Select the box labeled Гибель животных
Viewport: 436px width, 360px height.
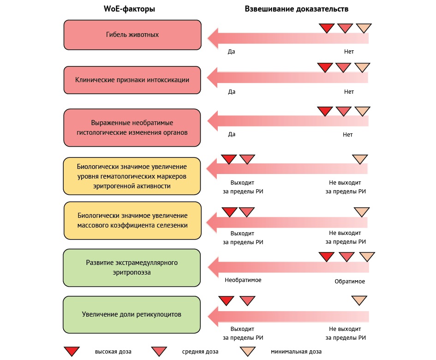[132, 35]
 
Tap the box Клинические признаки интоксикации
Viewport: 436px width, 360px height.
[132, 79]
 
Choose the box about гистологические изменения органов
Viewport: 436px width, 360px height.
[132, 127]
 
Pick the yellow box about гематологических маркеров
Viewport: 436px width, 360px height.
[132, 176]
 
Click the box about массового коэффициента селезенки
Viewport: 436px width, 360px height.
[132, 220]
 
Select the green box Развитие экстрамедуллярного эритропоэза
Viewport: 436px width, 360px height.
[132, 268]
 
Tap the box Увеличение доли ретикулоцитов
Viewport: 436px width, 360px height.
[132, 314]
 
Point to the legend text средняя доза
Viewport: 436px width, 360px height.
[200, 352]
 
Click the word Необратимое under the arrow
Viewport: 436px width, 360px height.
[243, 280]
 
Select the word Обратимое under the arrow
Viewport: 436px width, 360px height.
[350, 282]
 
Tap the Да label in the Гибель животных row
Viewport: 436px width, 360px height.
[232, 52]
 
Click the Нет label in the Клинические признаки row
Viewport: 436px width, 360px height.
[349, 92]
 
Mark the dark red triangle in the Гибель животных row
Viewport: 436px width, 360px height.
[327, 28]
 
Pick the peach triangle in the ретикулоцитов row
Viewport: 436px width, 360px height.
[359, 300]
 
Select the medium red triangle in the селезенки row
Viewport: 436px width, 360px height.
[247, 212]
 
